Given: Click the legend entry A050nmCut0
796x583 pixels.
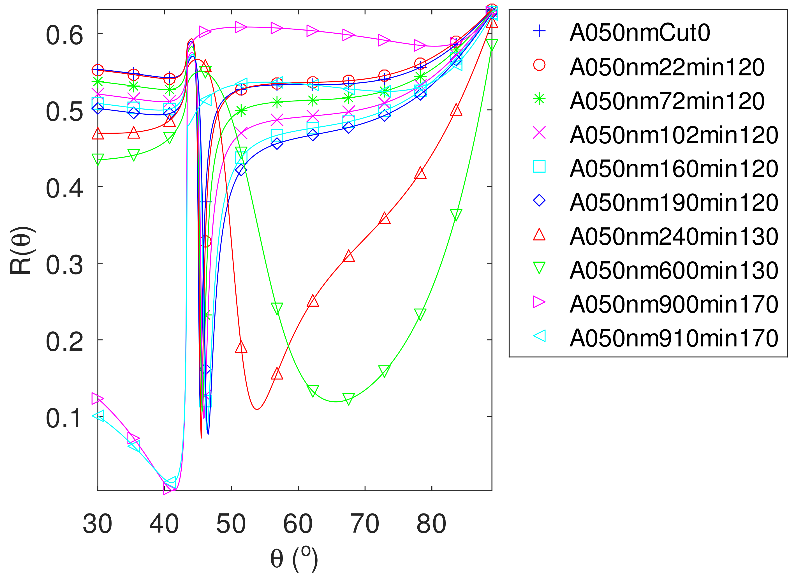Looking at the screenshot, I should coord(639,33).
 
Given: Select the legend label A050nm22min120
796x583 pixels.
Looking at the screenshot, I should coord(667,67).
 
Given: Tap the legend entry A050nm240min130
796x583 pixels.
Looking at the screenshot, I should coord(674,237).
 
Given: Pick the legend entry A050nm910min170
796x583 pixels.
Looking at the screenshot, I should coord(674,338).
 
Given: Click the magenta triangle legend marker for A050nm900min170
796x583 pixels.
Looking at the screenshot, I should coord(539,302).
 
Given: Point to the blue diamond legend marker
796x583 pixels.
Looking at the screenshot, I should coord(539,200).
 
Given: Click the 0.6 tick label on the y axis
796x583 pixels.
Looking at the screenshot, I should coord(64,35).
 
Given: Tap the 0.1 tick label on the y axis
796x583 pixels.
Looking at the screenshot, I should coord(64,418).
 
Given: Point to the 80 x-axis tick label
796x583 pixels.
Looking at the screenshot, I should coord(431,524).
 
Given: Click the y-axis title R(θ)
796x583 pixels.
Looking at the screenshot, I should coord(21,251).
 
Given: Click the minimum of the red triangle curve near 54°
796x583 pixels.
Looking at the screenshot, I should coord(257,409).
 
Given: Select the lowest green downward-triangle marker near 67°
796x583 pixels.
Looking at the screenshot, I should coord(348,399).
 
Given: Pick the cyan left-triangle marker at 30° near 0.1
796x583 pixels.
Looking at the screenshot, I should coord(98,415).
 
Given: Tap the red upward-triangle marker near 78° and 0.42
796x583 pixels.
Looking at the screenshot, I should coord(420,173).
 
